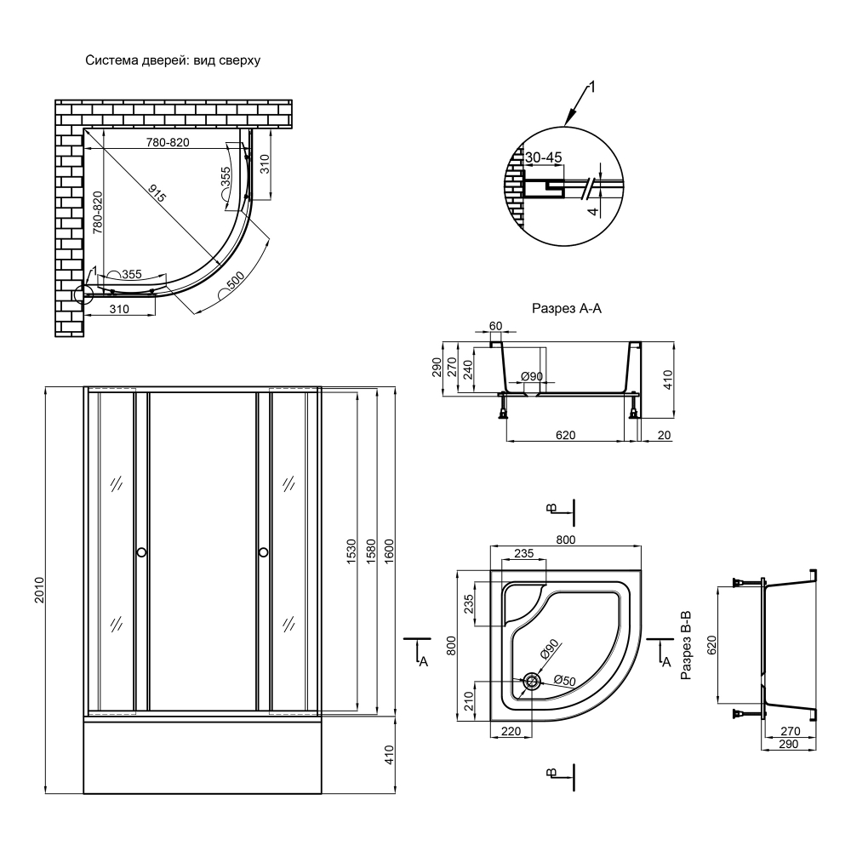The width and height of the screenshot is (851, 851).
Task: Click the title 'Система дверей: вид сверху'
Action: (x=173, y=60)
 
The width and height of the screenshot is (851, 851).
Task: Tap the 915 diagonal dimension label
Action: (x=157, y=194)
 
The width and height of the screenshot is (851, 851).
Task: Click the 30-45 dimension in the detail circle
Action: (x=543, y=157)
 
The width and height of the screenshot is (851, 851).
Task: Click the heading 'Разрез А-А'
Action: (x=567, y=309)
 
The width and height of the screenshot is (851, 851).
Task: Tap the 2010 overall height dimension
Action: (x=39, y=591)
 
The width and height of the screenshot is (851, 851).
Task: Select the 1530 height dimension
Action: (x=351, y=551)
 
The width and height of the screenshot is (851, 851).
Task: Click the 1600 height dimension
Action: (x=389, y=551)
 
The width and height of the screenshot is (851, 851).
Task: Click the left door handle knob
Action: (x=141, y=552)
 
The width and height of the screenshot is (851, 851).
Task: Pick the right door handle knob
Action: (x=263, y=552)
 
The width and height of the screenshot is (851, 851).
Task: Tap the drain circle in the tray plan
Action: (x=531, y=681)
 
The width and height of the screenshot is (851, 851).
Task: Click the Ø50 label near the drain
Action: (x=564, y=679)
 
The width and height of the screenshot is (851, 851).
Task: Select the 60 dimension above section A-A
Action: (x=495, y=326)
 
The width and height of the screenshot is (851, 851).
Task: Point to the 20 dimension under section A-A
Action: (x=664, y=435)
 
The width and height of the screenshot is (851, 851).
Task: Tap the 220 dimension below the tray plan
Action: (x=511, y=731)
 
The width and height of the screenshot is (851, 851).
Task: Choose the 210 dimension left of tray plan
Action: (x=469, y=700)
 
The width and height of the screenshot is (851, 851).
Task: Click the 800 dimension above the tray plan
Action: (x=566, y=540)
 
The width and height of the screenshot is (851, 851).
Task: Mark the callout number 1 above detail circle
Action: (x=592, y=87)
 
